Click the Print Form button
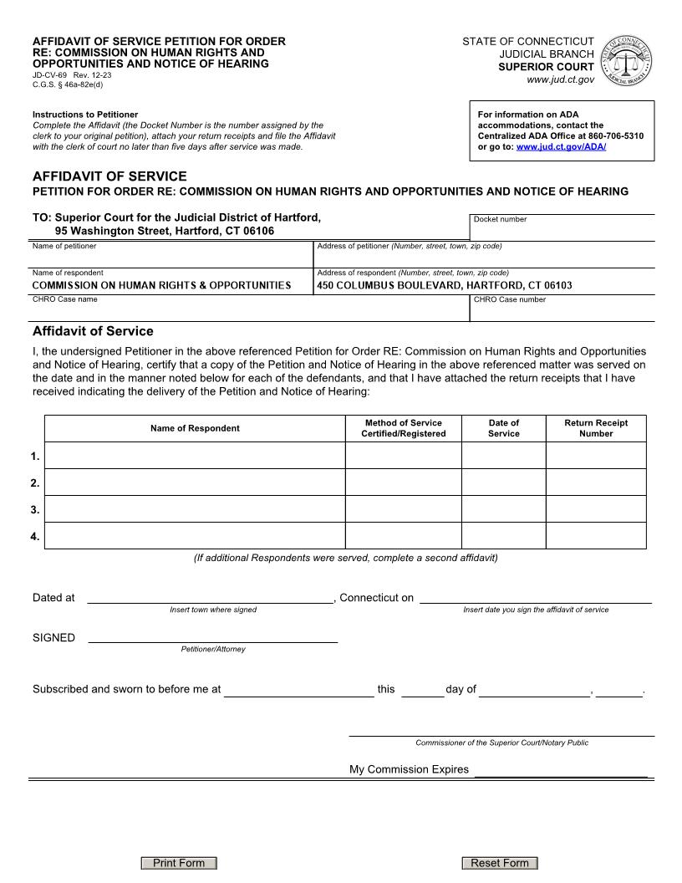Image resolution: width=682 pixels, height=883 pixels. pos(179,863)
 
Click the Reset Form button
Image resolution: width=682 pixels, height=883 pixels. pos(500,863)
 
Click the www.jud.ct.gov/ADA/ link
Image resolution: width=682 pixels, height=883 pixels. pos(561,146)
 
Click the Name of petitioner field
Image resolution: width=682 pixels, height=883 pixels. pos(171,258)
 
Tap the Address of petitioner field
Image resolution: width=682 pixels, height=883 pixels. pos(484,258)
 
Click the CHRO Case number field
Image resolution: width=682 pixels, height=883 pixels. pos(562,311)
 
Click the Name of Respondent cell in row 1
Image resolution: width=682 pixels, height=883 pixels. pos(194,456)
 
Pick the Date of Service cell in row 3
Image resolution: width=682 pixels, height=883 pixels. pos(503,509)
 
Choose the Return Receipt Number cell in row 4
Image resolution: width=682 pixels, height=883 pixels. pos(596,536)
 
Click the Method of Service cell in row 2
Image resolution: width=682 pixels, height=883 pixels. pos(403,482)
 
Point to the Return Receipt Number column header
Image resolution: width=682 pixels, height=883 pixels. pos(596,428)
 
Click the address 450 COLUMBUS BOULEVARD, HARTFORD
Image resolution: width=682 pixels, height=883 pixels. pos(444,285)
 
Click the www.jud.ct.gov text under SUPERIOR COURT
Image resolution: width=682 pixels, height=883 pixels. pos(560,79)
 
